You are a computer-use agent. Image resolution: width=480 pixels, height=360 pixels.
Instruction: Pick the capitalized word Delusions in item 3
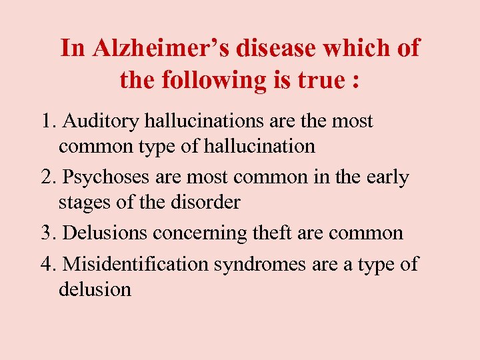tap(105, 233)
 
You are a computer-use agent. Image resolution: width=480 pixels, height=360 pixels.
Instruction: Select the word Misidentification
tap(135, 264)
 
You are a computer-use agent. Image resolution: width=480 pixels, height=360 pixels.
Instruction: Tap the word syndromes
tap(261, 265)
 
